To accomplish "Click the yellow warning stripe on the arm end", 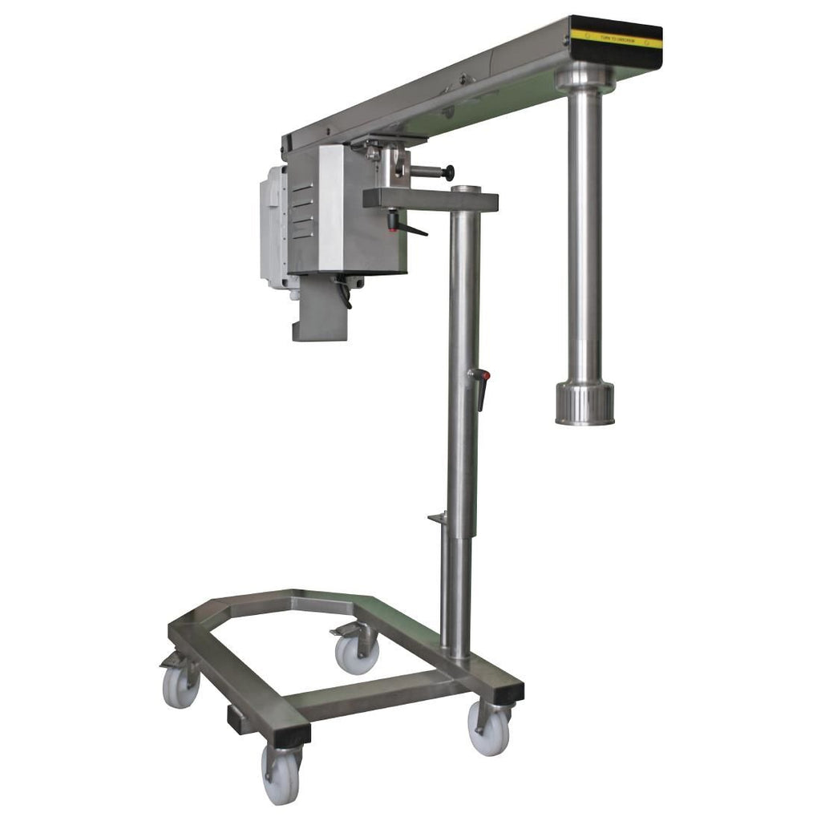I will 616,38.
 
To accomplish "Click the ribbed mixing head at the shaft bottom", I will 584,402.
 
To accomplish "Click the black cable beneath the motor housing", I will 346,293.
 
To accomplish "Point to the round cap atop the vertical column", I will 465,190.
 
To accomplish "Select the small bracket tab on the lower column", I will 437,519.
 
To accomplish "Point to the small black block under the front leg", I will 239,719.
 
